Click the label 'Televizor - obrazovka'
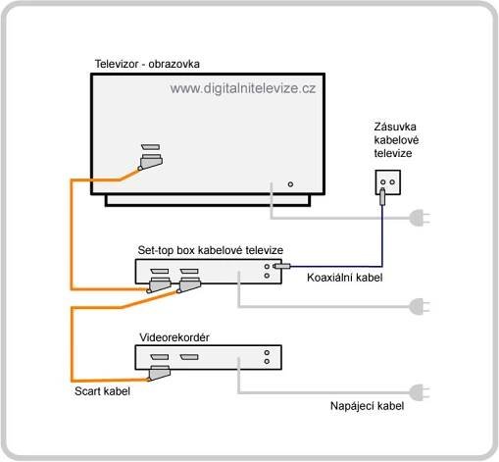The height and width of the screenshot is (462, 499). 147,64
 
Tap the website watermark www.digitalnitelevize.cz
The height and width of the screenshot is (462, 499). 243,88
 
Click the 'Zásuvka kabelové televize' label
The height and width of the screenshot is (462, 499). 396,140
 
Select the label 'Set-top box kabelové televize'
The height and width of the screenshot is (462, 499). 211,250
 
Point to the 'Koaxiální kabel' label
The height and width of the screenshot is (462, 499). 345,278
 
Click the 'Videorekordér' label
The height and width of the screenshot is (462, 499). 175,337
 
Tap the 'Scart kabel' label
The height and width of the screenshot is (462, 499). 102,391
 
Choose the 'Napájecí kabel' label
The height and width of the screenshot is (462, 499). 367,406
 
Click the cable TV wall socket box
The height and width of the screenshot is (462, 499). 388,182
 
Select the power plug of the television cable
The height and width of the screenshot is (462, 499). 420,218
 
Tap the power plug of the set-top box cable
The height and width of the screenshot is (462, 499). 420,307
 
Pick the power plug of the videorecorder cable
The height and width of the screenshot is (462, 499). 420,392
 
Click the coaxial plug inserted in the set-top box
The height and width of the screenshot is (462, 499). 281,266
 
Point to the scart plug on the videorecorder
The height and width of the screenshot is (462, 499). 159,374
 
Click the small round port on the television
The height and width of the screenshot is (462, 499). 290,184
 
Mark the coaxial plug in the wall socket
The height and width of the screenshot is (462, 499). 382,196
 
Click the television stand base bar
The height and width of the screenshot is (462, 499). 208,200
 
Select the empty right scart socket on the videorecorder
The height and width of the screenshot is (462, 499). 189,357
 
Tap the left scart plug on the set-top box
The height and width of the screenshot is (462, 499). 159,285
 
